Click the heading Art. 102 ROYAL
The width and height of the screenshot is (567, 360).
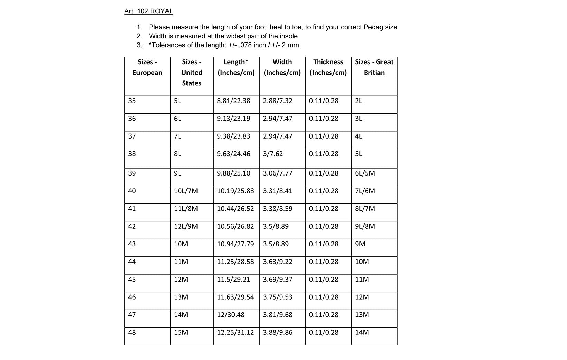(x=148, y=11)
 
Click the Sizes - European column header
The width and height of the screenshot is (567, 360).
(x=147, y=67)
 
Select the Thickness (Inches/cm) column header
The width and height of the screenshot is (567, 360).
(x=328, y=67)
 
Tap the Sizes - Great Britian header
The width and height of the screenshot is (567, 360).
(x=374, y=67)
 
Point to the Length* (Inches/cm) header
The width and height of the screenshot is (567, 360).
(x=236, y=67)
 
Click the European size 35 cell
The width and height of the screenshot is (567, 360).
(x=132, y=101)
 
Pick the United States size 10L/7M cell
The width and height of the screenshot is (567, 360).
(x=186, y=191)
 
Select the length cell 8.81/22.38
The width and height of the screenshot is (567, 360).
(x=233, y=101)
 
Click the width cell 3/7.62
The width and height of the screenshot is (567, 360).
(x=273, y=154)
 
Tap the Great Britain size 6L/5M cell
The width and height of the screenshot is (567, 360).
(x=365, y=173)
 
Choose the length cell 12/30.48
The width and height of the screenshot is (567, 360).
(x=231, y=315)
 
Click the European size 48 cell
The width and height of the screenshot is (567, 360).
(x=132, y=332)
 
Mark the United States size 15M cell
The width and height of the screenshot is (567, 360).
(x=181, y=332)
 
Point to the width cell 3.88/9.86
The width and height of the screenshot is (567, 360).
(x=278, y=332)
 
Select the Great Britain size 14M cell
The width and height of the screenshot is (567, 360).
(x=362, y=332)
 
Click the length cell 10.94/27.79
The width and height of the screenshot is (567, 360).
(x=236, y=244)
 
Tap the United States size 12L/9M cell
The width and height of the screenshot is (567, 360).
(x=186, y=226)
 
